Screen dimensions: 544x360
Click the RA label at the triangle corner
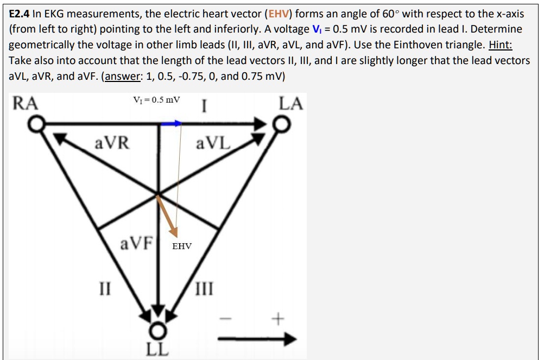25,103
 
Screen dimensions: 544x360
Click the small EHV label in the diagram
182,247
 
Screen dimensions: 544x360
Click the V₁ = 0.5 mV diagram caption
157,100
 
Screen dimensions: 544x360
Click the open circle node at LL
157,330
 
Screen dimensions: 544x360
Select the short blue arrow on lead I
170,124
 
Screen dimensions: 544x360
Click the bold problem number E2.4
20,13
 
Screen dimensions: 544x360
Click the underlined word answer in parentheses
123,76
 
